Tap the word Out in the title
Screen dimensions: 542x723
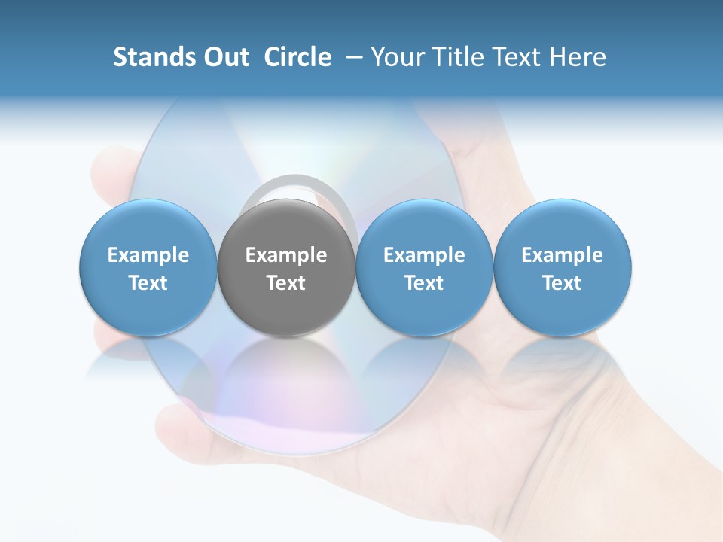point(224,57)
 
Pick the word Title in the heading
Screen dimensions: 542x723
point(461,57)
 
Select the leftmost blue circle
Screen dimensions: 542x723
point(148,309)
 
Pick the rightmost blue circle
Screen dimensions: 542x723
point(563,309)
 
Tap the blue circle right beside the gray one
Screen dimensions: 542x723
point(424,309)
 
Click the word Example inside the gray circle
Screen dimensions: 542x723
point(286,255)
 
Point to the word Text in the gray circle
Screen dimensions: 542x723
point(286,283)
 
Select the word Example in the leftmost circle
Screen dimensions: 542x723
point(148,255)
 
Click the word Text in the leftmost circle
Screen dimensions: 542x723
point(148,283)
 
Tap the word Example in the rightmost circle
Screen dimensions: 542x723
point(563,255)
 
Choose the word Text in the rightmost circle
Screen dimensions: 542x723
point(563,283)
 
